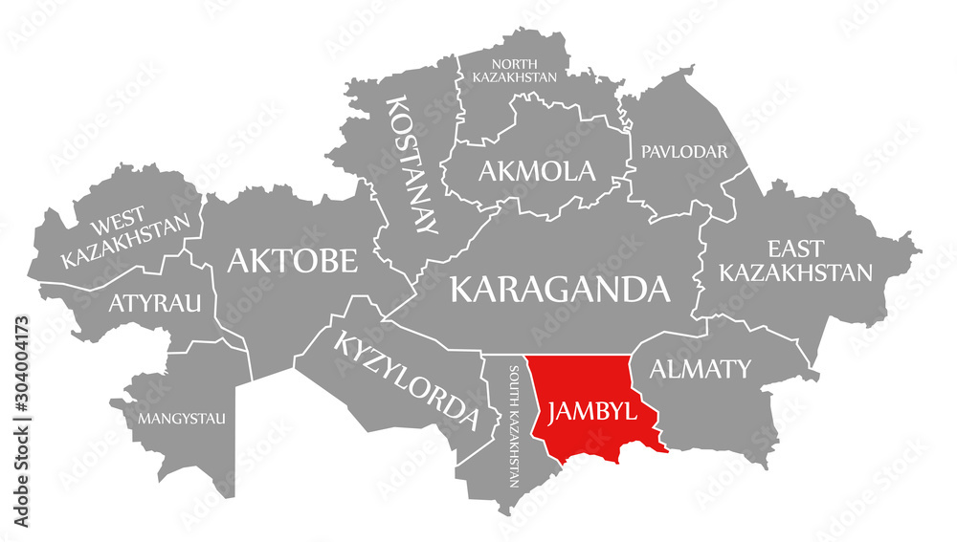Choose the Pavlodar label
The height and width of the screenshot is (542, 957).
pos(685,151)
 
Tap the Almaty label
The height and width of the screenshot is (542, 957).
pos(701,368)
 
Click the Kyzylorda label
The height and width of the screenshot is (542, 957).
pos(405,378)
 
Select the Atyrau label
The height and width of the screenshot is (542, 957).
pos(154,304)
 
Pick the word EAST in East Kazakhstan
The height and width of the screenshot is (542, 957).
pos(795,249)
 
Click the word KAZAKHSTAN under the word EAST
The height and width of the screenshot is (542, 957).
pos(795,273)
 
